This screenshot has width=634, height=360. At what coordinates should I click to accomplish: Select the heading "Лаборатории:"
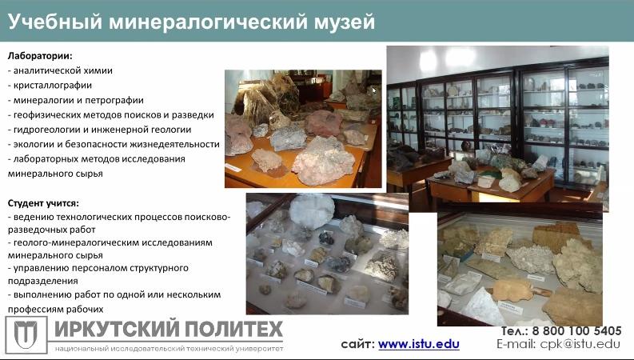pos(40,55)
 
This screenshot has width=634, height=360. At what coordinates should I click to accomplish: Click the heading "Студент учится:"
pos(44,203)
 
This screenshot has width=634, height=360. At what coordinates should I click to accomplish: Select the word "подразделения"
pos(43,281)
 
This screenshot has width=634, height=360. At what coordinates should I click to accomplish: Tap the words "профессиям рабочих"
pos(56,309)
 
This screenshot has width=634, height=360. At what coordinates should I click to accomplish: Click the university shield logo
pos(26,335)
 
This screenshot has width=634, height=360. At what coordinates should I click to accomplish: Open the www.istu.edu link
pos(418,344)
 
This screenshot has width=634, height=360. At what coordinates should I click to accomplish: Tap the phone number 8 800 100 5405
pos(576,331)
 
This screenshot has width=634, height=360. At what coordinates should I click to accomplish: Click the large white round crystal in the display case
pos(312,210)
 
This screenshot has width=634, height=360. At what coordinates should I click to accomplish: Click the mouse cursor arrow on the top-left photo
pos(374,90)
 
